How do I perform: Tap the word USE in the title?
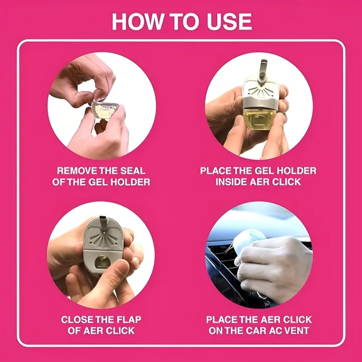click(x=228, y=22)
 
